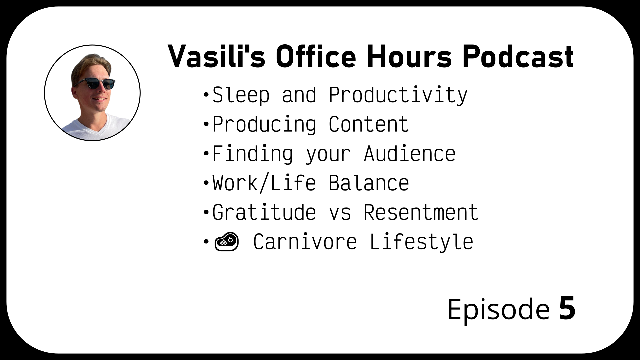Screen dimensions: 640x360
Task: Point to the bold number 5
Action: click(x=567, y=308)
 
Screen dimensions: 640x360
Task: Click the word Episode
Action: click(x=498, y=309)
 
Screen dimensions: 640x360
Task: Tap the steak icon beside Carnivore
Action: click(x=227, y=242)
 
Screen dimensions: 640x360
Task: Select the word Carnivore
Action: click(x=305, y=242)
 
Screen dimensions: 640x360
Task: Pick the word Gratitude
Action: click(x=264, y=212)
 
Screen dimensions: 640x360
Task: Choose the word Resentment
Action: click(x=421, y=212)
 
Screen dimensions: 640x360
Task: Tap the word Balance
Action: click(x=369, y=183)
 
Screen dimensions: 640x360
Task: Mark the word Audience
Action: click(x=410, y=154)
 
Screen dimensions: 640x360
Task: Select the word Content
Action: click(x=369, y=124)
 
